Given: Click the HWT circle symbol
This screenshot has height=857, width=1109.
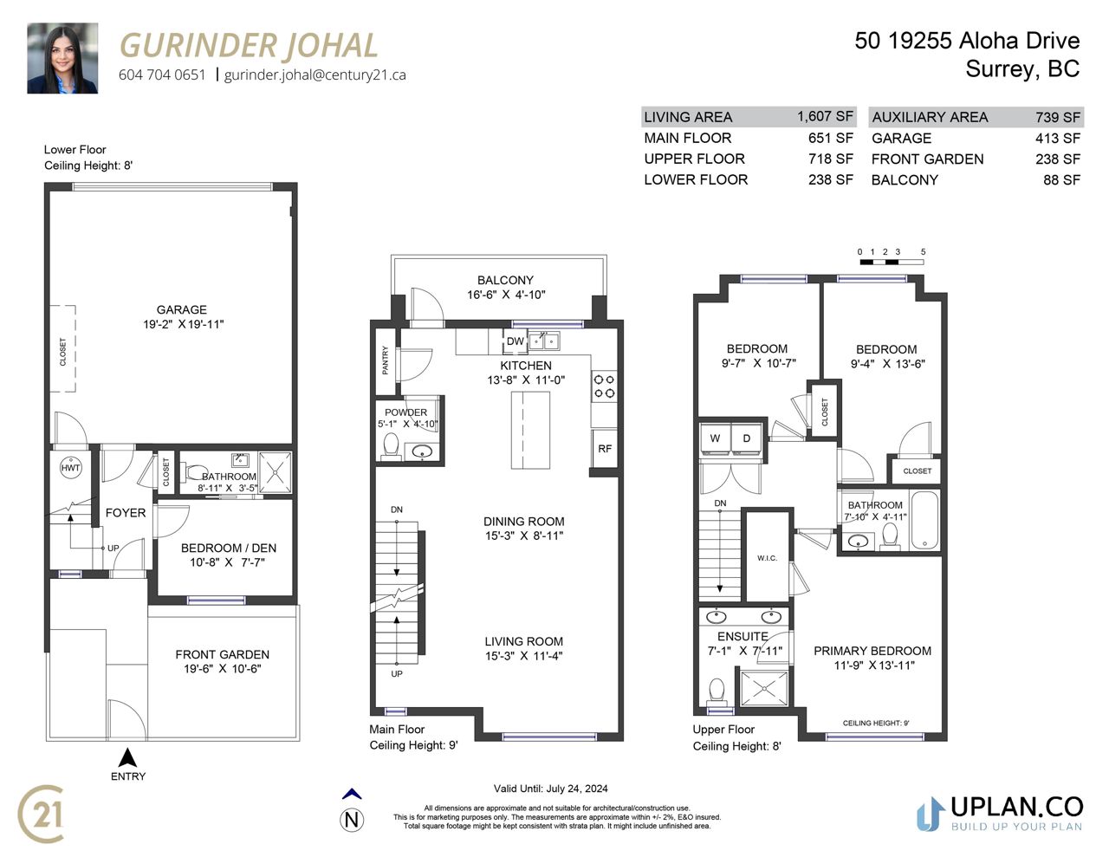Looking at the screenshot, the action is click(x=70, y=468).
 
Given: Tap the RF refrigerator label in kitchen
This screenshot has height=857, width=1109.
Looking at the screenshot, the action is click(x=604, y=449).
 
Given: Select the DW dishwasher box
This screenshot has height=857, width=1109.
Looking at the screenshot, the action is click(x=515, y=341).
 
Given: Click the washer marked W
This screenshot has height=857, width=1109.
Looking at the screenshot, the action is click(x=715, y=438).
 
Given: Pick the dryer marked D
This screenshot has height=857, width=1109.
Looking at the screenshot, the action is click(x=746, y=438).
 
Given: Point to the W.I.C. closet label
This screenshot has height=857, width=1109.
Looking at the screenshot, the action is click(x=767, y=558).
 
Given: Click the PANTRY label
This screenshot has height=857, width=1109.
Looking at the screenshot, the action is click(x=385, y=360).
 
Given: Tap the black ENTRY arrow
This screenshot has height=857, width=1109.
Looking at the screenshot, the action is click(x=127, y=757).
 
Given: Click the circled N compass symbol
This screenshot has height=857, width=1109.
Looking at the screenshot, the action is click(x=352, y=821).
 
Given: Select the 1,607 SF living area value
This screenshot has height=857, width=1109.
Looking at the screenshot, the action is click(x=825, y=116).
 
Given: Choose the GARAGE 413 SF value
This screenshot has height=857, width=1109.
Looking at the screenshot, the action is click(x=1058, y=139).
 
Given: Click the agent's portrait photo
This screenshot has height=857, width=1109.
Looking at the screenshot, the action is click(x=62, y=58).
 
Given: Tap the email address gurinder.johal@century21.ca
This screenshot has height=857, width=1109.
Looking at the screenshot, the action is click(x=315, y=75).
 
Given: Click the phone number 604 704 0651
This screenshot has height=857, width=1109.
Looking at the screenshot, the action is click(x=162, y=75).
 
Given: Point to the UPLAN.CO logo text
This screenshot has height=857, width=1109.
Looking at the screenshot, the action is click(x=1016, y=808).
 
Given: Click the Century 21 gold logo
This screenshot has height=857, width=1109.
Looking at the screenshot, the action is click(x=42, y=815).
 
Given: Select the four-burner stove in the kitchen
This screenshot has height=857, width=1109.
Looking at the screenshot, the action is click(x=604, y=386).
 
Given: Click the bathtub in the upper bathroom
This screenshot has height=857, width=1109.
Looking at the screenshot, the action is click(x=924, y=520).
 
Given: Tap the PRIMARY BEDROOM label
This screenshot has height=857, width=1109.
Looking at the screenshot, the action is click(x=872, y=651).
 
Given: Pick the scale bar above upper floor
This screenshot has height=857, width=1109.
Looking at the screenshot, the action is click(x=892, y=263).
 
